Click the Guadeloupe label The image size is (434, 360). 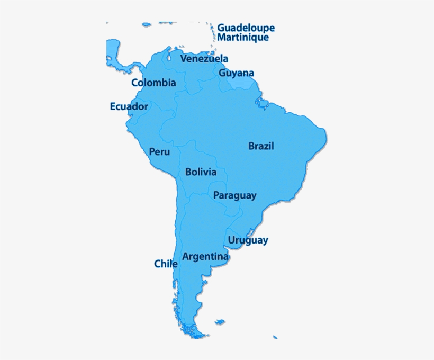tap(246, 28)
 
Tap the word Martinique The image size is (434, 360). tap(243, 38)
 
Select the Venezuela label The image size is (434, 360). tap(204, 59)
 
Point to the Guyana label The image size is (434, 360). tap(237, 73)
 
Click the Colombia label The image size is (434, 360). tap(153, 83)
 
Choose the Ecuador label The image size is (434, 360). tap(129, 106)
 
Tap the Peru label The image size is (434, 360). tap(159, 152)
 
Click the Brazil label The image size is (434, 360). tap(261, 146)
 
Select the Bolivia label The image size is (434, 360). tap(201, 172)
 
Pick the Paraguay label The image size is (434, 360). tap(234, 195)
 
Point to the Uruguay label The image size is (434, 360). tap(248, 240)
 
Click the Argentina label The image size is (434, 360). tap(205, 257)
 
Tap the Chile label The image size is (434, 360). tap(166, 264)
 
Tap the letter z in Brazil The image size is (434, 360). tap(265, 146)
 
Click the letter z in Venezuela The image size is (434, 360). tap(210, 59)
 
